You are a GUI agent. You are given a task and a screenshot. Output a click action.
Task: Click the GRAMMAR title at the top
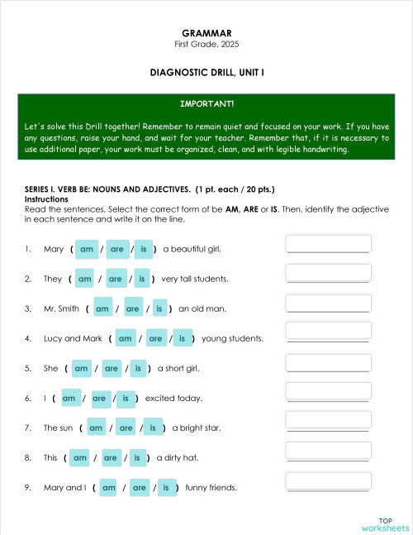pyautogui.click(x=206, y=33)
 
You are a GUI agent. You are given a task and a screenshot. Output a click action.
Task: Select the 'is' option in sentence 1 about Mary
pyautogui.click(x=144, y=249)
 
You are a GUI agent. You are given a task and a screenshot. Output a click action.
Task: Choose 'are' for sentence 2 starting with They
pyautogui.click(x=115, y=279)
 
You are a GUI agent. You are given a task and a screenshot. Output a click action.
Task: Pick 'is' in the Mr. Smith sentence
pyautogui.click(x=159, y=308)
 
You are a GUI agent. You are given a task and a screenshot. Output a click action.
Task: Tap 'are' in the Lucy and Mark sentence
pyautogui.click(x=155, y=338)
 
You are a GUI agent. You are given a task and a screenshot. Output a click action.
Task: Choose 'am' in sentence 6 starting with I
pyautogui.click(x=69, y=398)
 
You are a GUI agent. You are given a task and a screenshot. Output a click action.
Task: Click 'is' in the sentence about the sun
pyautogui.click(x=153, y=428)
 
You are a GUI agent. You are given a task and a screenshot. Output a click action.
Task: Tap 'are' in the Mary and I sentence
pyautogui.click(x=139, y=487)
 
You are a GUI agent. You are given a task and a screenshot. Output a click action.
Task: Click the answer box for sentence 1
pyautogui.click(x=328, y=244)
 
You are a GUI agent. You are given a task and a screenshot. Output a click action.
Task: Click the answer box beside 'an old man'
pyautogui.click(x=328, y=303)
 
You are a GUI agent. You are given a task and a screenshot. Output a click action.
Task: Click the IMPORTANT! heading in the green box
pyautogui.click(x=206, y=104)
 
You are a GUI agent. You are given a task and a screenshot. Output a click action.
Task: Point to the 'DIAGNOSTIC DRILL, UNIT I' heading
pyautogui.click(x=206, y=73)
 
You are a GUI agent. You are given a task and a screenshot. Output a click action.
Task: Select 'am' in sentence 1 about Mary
pyautogui.click(x=87, y=249)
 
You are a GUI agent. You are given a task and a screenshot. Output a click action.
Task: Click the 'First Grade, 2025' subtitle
pyautogui.click(x=206, y=44)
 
